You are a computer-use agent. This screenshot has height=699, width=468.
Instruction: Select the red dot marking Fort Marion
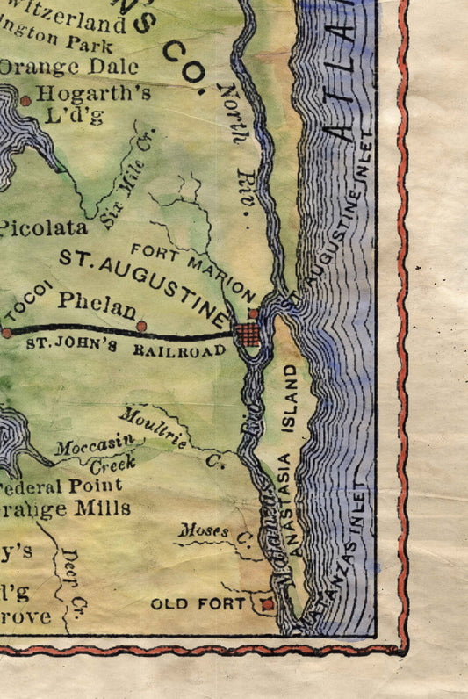pyautogui.click(x=253, y=313)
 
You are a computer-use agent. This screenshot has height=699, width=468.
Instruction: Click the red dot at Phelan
pyautogui.click(x=141, y=327)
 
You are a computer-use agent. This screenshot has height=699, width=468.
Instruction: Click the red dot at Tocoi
pyautogui.click(x=7, y=333)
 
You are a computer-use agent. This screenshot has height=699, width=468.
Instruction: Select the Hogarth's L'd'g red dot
pyautogui.click(x=25, y=101)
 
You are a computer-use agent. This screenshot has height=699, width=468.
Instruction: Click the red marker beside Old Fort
pyautogui.click(x=268, y=604)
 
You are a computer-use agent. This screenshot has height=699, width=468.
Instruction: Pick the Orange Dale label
pyautogui.click(x=70, y=67)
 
